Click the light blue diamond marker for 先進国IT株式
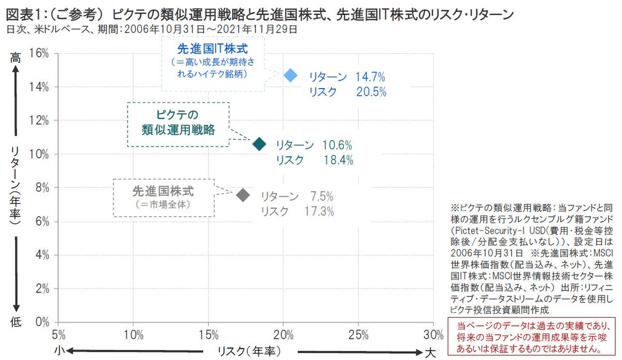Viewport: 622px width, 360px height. click(291, 76)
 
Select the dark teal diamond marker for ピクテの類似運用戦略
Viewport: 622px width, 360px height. click(259, 144)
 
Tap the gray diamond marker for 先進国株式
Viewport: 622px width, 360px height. click(243, 195)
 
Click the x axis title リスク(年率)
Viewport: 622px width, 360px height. click(249, 352)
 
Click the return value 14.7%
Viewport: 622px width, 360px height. click(370, 78)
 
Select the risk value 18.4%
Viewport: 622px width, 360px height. click(338, 160)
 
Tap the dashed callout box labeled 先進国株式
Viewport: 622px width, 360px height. click(163, 197)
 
